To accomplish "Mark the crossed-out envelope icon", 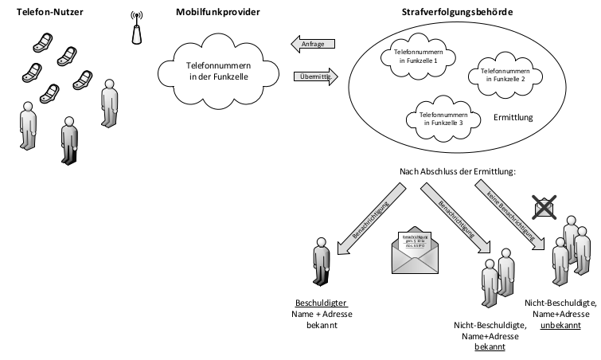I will [x=544, y=206].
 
